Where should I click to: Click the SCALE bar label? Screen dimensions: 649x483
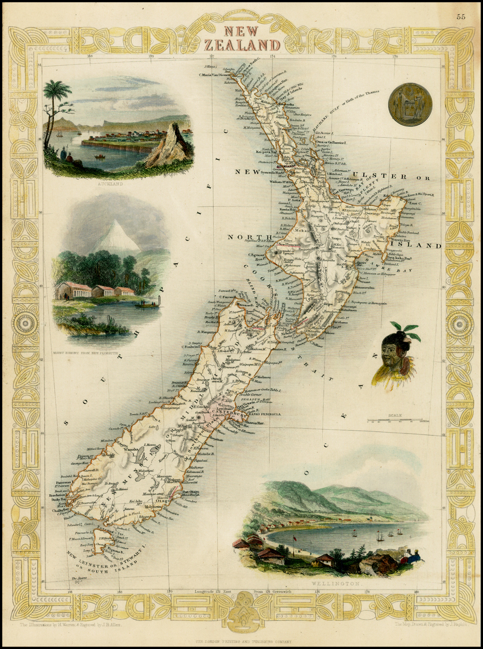395,416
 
